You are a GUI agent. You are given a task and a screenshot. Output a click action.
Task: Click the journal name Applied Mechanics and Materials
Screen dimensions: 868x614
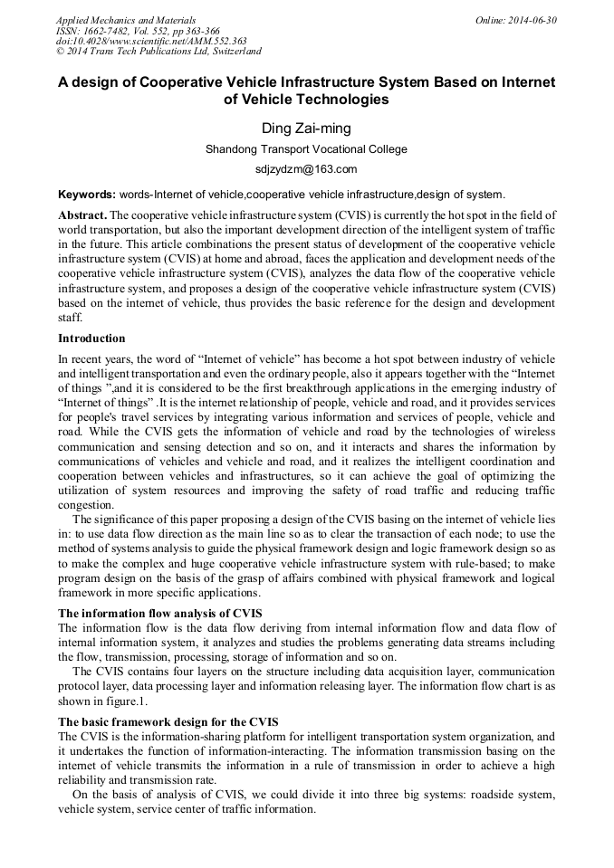click(125, 20)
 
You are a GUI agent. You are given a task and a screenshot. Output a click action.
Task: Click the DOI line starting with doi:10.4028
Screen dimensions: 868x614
click(151, 41)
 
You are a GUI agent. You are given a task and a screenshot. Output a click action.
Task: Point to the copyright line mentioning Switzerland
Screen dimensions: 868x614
click(158, 52)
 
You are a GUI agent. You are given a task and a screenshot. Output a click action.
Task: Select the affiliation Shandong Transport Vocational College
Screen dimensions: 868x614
click(306, 149)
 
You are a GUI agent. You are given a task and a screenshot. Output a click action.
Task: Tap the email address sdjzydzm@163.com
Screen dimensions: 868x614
click(306, 169)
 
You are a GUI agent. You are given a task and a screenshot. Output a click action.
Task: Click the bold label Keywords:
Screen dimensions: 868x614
click(87, 195)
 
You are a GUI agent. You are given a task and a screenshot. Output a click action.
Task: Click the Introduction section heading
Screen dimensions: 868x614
click(91, 339)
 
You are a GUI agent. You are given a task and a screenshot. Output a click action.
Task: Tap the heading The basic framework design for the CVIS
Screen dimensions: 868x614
click(168, 721)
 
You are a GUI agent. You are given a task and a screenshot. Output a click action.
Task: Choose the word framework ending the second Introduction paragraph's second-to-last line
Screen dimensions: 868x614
click(526, 579)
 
